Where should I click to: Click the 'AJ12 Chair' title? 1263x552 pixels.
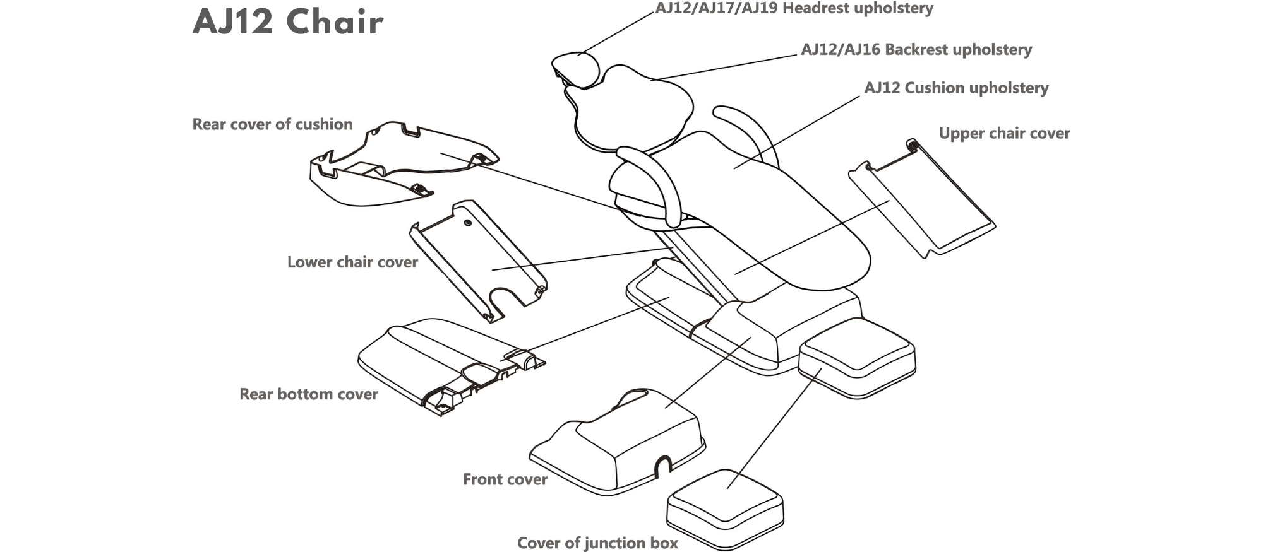click(288, 22)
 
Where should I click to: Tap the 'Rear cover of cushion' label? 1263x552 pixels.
click(272, 124)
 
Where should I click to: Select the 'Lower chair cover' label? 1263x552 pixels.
click(352, 262)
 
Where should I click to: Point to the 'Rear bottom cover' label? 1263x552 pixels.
click(308, 394)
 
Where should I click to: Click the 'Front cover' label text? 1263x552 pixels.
click(505, 479)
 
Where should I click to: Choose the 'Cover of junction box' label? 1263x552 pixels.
click(597, 543)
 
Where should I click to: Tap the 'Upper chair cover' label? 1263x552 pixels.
click(1004, 133)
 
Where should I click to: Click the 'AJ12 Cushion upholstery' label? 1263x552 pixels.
click(956, 88)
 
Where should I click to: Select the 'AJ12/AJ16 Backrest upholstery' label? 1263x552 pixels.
click(916, 49)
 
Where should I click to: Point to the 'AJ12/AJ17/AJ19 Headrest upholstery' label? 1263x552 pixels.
click(794, 8)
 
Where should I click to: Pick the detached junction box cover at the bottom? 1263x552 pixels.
click(725, 508)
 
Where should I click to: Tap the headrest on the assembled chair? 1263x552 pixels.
click(576, 68)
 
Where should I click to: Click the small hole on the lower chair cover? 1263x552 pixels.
click(467, 223)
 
